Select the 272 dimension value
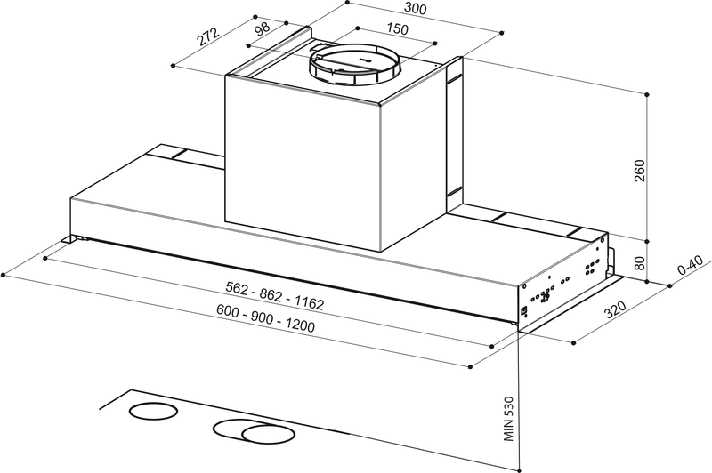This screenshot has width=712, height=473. pyautogui.click(x=208, y=37)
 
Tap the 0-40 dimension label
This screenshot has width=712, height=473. pyautogui.click(x=691, y=268)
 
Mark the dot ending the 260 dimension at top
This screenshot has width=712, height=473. pyautogui.click(x=648, y=92)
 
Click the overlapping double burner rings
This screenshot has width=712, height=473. pyautogui.click(x=258, y=432)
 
